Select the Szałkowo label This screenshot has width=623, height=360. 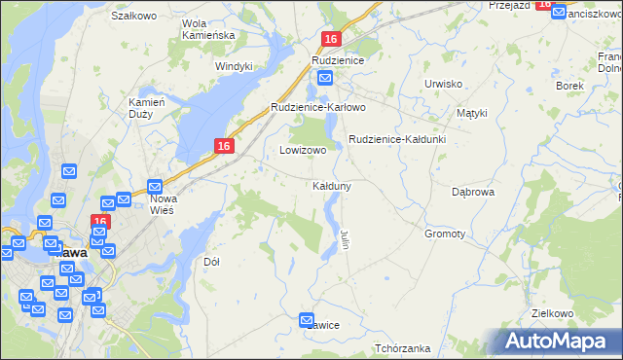(x=134, y=17)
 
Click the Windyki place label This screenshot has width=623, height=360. (x=234, y=66)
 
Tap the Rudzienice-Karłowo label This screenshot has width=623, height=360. (x=317, y=107)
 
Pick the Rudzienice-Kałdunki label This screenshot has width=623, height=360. (x=396, y=139)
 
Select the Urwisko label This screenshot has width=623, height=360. (x=443, y=84)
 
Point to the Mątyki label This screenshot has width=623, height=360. (x=471, y=113)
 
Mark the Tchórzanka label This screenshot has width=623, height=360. (x=402, y=347)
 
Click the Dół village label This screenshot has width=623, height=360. (x=211, y=262)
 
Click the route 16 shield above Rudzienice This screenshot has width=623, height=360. (x=331, y=39)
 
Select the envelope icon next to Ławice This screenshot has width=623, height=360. (x=307, y=319)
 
